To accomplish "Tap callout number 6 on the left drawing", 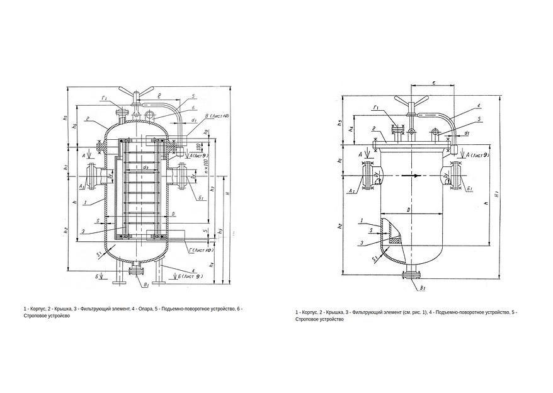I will click(194, 108).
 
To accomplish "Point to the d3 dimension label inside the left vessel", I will click(145, 167).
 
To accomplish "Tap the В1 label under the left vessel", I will click(146, 285).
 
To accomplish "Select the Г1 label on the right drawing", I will click(375, 108).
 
